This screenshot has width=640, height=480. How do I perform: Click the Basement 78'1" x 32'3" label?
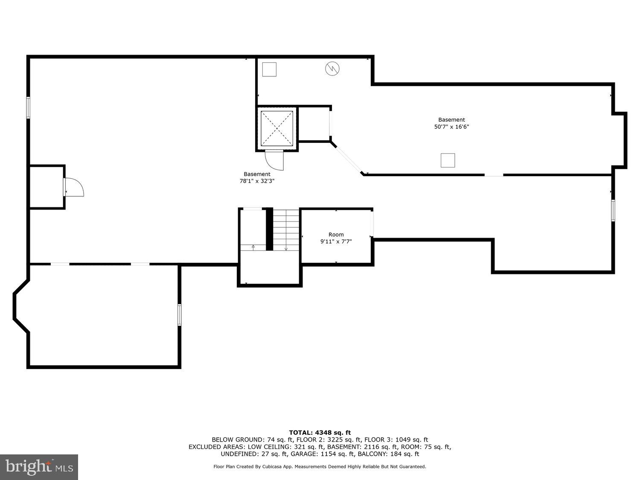coord(257,177)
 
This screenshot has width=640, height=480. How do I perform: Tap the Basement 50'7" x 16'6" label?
coord(451,123)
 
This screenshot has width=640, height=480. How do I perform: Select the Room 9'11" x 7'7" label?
coord(336,238)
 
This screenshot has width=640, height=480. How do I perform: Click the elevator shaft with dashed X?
coord(277,128)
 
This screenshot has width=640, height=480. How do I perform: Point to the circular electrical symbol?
coord(332,69)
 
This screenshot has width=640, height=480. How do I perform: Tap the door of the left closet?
coord(74,187)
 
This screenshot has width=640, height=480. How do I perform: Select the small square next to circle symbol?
coord(269,69)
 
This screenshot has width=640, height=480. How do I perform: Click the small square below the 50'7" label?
coord(448,160)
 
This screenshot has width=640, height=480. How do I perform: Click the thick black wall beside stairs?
coord(269,229)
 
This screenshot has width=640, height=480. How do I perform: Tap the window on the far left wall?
coord(28,108)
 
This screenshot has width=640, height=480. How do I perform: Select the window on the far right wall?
coord(613,210)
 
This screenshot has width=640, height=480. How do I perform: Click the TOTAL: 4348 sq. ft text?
coord(320,433)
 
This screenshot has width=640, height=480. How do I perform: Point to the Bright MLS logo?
coord(39,467)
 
